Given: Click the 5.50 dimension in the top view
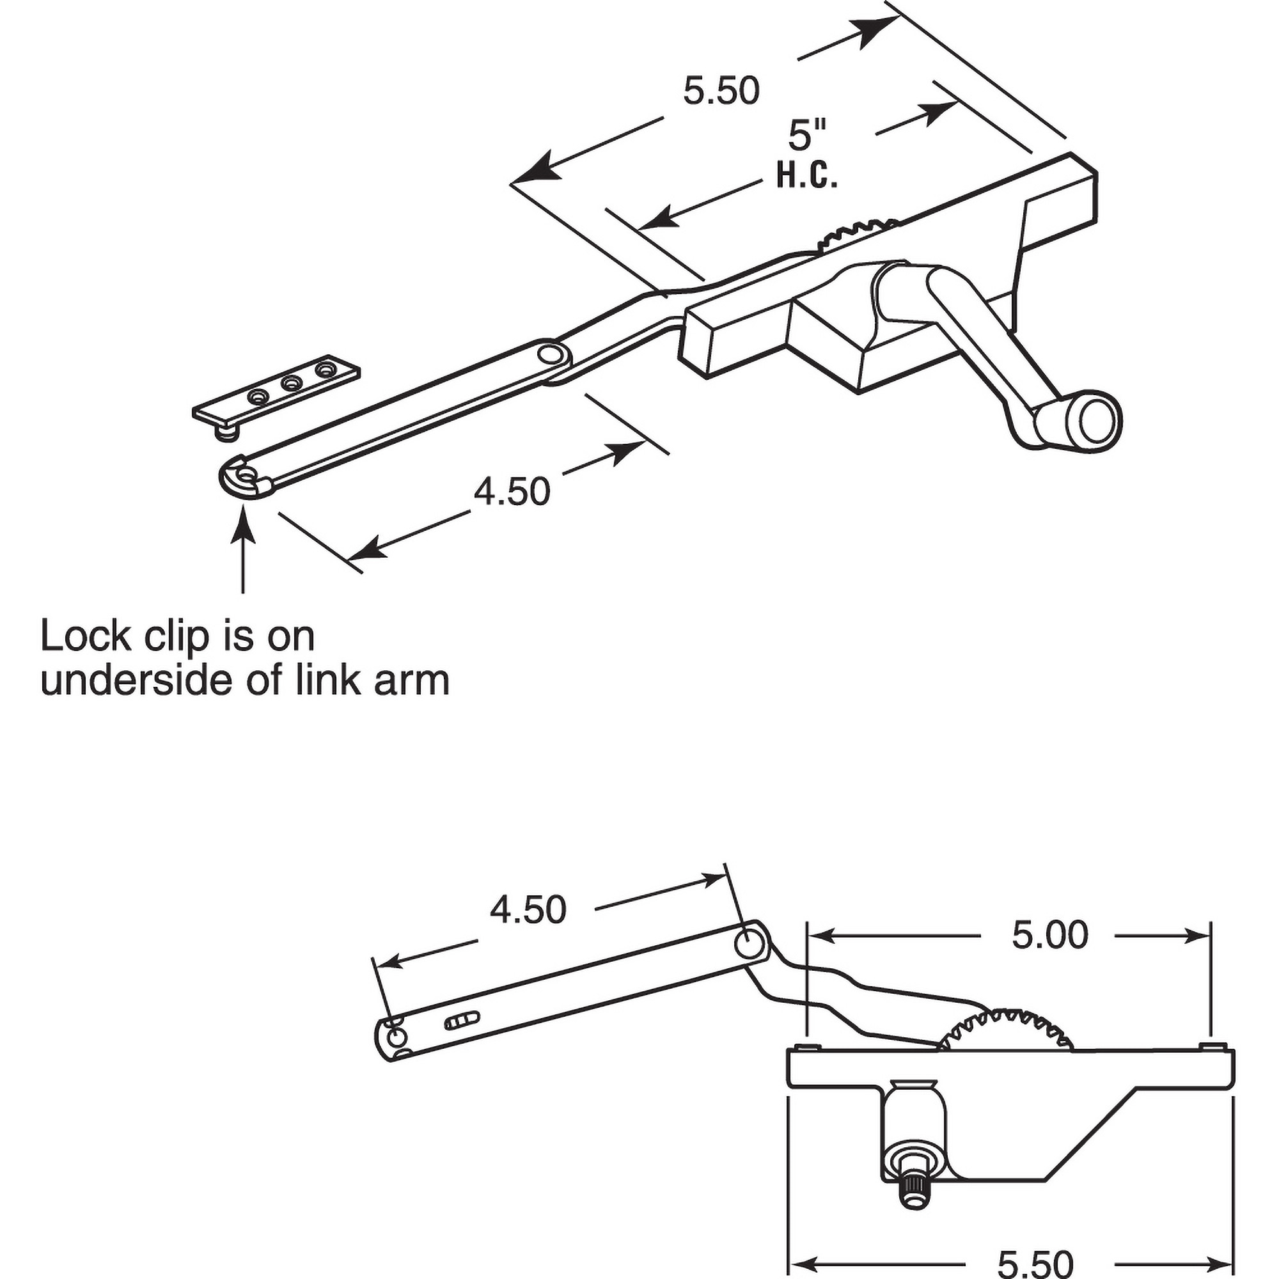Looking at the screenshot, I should click(x=721, y=91).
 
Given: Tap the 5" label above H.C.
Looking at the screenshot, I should click(x=807, y=134).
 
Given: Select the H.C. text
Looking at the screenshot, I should click(x=806, y=177).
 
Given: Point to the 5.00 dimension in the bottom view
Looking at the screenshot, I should click(x=1049, y=935).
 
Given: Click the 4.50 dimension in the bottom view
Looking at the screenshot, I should click(x=528, y=909).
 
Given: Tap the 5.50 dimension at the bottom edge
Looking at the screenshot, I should click(x=1035, y=1261).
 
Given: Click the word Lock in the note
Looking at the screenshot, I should click(x=86, y=636).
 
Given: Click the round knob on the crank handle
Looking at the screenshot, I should click(x=1097, y=419).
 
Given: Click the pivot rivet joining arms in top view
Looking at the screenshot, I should click(x=548, y=354).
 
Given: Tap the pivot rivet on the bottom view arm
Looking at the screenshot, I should click(x=751, y=943).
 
